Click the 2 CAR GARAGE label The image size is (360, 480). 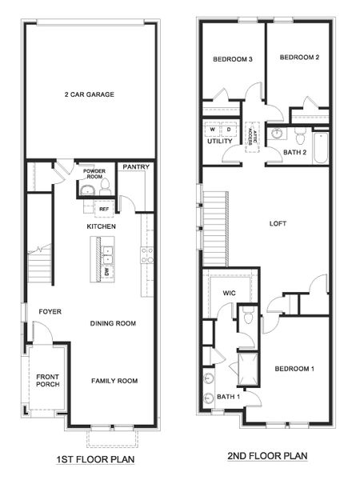click(90, 94)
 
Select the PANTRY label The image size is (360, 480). click(132, 167)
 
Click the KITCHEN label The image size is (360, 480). click(102, 227)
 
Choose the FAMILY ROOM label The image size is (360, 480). click(114, 381)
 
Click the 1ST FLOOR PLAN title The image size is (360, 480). click(90, 460)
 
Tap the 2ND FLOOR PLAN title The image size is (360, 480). click(266, 456)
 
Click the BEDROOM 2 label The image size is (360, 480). click(299, 57)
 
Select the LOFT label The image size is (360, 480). click(278, 223)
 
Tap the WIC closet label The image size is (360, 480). click(227, 293)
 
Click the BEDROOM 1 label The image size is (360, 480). click(294, 369)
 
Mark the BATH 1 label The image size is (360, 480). click(228, 397)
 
